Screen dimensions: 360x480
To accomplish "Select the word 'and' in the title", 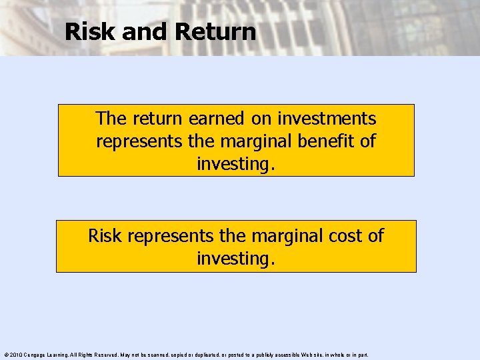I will [x=143, y=31].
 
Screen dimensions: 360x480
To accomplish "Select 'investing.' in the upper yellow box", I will [x=236, y=163].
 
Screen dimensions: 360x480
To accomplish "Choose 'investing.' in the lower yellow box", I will [x=236, y=258].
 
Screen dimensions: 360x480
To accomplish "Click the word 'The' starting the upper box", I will [x=110, y=119].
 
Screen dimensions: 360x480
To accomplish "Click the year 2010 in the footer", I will [x=16, y=355].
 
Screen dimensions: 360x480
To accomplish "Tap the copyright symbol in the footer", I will [x=5, y=355].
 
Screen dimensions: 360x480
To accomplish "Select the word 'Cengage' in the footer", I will [x=36, y=355].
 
